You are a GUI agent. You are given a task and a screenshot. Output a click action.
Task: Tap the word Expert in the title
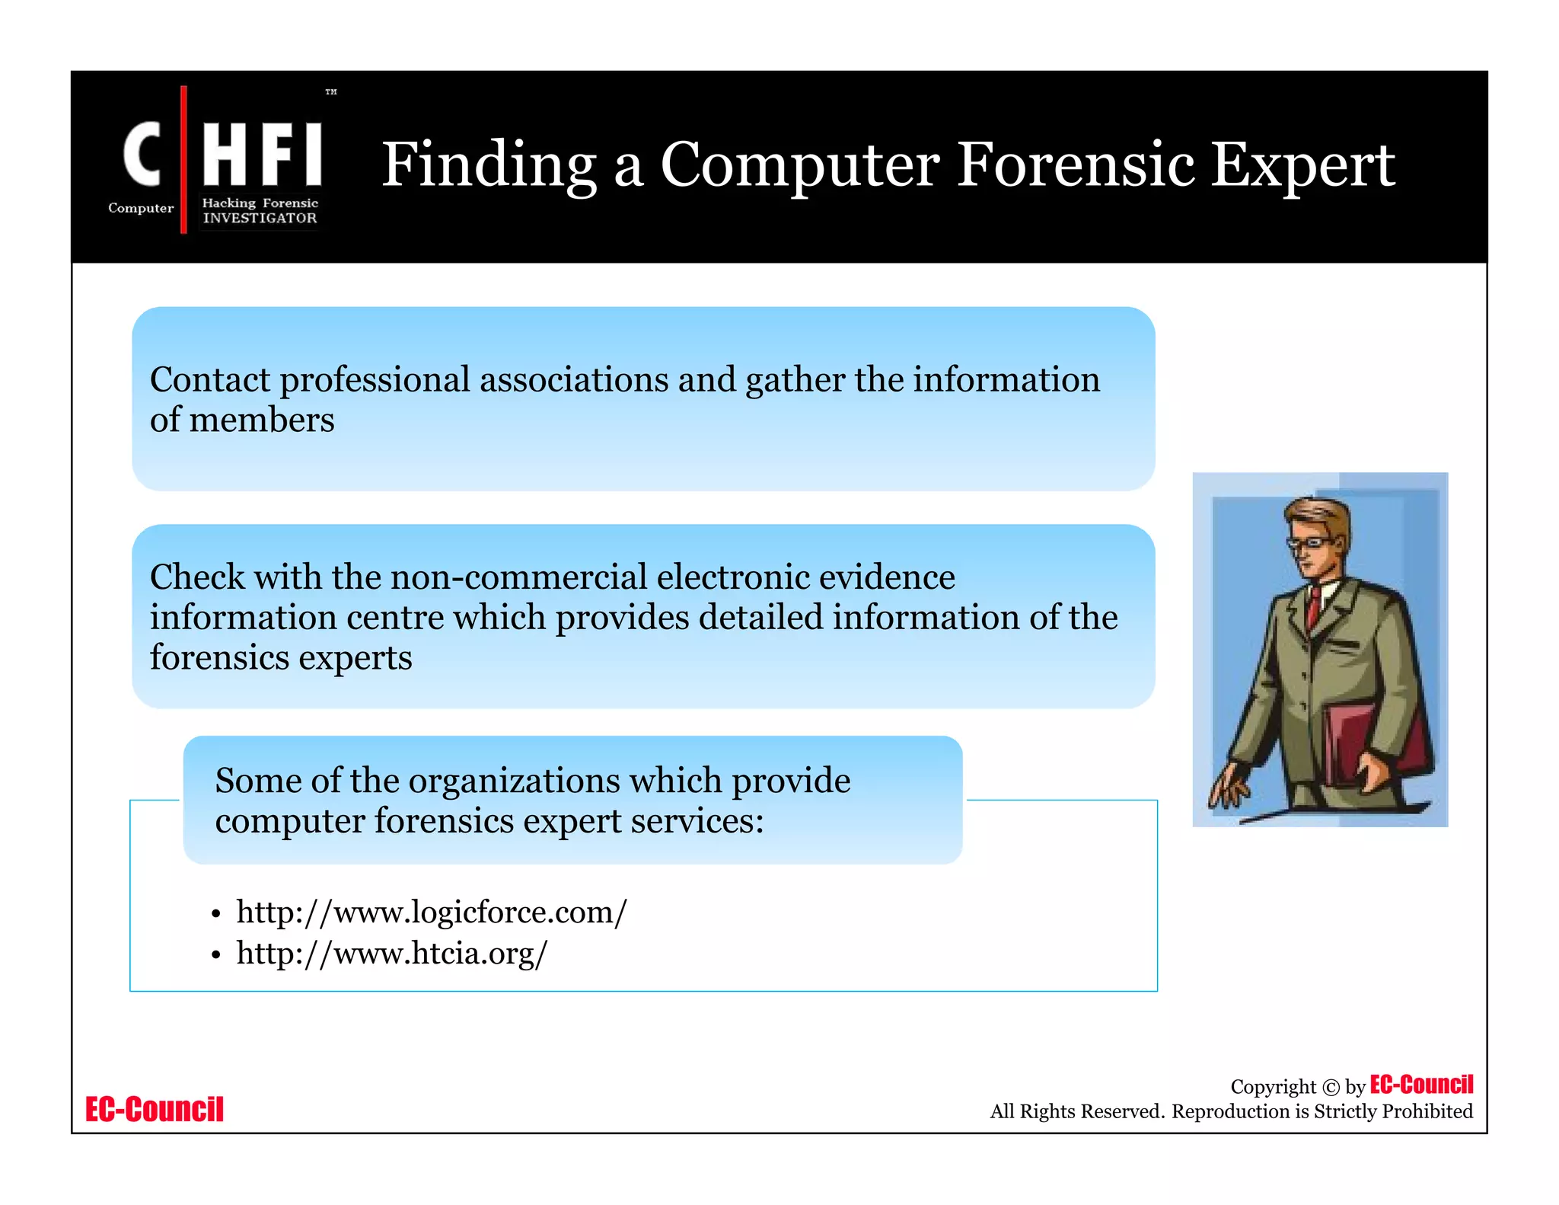[x=1302, y=166]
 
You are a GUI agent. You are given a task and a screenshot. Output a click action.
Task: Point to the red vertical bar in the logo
[x=183, y=160]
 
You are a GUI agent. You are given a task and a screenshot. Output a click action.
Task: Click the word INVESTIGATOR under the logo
[x=260, y=218]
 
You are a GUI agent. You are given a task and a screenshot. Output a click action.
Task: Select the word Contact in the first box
[x=210, y=379]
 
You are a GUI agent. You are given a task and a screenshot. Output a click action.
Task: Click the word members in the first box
[x=262, y=420]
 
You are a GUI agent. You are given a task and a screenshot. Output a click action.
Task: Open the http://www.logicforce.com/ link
[x=432, y=912]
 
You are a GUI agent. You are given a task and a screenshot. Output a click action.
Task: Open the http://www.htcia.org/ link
[x=391, y=953]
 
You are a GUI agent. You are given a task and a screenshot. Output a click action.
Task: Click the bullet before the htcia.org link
[x=216, y=954]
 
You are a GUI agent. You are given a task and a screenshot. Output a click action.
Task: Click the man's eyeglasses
[x=1310, y=543]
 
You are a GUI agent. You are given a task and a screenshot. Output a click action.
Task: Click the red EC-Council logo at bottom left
[x=155, y=1109]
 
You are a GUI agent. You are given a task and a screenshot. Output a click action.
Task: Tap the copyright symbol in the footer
[x=1331, y=1087]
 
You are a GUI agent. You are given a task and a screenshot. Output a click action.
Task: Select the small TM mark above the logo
[x=331, y=92]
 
